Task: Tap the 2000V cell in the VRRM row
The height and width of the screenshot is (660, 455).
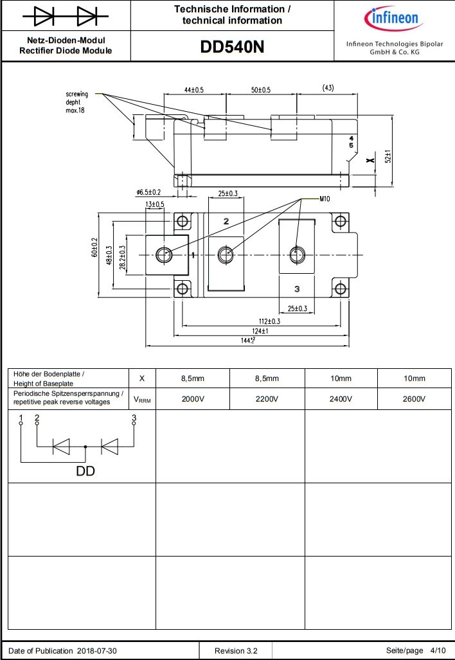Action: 193,399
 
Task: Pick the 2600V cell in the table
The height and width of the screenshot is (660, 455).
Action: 415,399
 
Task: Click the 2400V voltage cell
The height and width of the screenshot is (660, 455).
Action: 341,399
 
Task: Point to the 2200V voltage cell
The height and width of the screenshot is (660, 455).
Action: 267,399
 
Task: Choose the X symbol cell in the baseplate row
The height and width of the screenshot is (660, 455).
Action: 142,378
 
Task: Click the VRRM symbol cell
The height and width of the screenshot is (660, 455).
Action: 142,399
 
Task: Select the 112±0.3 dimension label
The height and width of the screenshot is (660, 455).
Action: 269,321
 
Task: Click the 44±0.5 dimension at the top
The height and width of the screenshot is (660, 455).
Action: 193,90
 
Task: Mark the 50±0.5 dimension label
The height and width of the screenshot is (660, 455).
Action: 261,90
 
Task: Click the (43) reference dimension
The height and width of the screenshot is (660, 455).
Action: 328,88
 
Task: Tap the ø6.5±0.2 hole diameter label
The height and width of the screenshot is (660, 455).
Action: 148,193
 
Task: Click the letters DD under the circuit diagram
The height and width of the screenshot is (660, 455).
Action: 85,472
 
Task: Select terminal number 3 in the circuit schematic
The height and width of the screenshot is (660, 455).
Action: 134,418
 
